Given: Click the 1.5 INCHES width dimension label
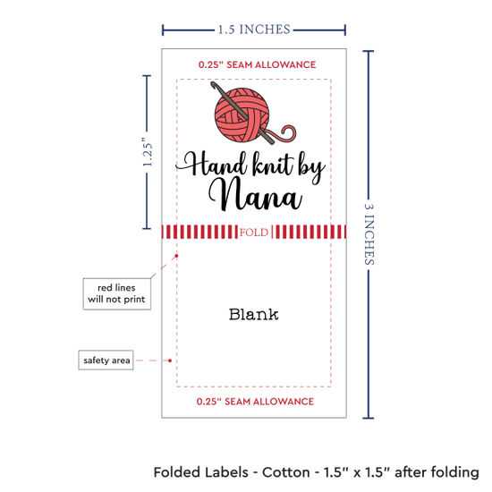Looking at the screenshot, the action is pyautogui.click(x=254, y=30).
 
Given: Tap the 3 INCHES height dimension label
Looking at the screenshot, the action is pyautogui.click(x=369, y=234).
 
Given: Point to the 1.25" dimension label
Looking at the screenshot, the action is pyautogui.click(x=148, y=152).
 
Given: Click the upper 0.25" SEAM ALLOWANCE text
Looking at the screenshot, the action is pyautogui.click(x=257, y=64).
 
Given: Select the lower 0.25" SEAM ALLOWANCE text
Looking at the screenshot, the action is pyautogui.click(x=255, y=402).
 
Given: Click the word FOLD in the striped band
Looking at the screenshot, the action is pyautogui.click(x=254, y=233).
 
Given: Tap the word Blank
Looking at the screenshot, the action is pyautogui.click(x=253, y=314).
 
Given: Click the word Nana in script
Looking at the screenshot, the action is pyautogui.click(x=256, y=194).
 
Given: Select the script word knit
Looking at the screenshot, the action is pyautogui.click(x=272, y=164).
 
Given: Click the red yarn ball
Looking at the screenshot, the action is pyautogui.click(x=242, y=115).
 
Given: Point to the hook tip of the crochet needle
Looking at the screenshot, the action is pyautogui.click(x=212, y=83).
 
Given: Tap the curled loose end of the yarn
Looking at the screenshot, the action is pyautogui.click(x=287, y=131).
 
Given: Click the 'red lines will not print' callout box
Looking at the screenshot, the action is pyautogui.click(x=116, y=293).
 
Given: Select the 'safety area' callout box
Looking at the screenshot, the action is pyautogui.click(x=106, y=360).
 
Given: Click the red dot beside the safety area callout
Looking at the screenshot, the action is pyautogui.click(x=170, y=361).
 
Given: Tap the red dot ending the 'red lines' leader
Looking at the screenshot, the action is pyautogui.click(x=176, y=256).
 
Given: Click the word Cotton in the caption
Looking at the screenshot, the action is pyautogui.click(x=286, y=472).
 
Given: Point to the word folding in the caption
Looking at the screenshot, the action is pyautogui.click(x=454, y=473).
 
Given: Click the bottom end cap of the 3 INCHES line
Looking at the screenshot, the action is pyautogui.click(x=369, y=418).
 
